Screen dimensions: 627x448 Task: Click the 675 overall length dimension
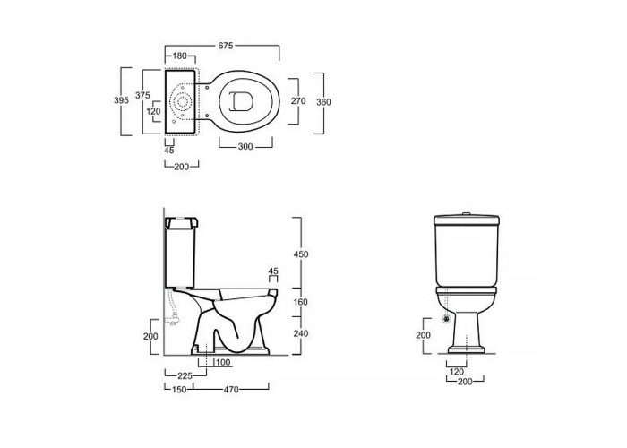point(226,46)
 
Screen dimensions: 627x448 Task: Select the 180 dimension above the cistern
point(180,56)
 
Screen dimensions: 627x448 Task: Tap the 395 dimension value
point(121,100)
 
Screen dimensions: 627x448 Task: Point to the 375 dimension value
point(142,95)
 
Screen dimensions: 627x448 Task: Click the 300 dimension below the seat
point(245,147)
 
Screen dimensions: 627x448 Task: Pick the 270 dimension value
point(298,100)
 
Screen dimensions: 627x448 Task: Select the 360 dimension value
point(323,102)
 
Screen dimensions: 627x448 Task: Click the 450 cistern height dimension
point(301,254)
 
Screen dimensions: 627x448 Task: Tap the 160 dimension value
point(301,302)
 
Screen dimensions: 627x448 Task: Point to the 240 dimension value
point(301,333)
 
